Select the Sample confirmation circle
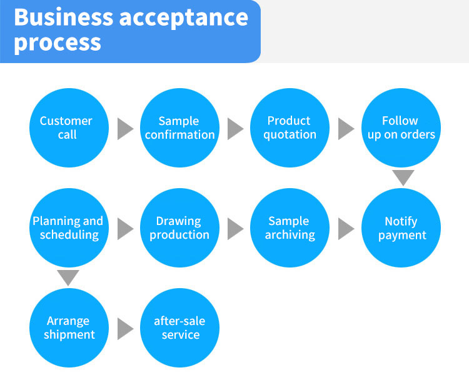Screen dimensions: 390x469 (x=179, y=127)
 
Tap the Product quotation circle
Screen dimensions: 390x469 (x=290, y=127)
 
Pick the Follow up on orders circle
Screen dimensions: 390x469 (x=401, y=127)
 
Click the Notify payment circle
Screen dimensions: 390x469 (x=401, y=228)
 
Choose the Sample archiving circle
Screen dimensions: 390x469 (x=290, y=228)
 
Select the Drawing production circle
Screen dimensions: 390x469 (x=179, y=228)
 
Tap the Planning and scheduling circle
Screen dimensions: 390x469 (x=68, y=228)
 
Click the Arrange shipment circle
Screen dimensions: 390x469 (x=68, y=328)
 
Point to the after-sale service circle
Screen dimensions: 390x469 (x=179, y=328)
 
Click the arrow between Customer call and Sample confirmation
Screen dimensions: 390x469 (x=124, y=129)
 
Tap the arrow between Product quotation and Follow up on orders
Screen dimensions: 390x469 (x=345, y=129)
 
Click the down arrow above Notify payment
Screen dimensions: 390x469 (x=403, y=177)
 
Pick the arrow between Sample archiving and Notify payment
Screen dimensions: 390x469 (x=345, y=229)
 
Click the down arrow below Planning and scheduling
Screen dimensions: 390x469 (x=68, y=277)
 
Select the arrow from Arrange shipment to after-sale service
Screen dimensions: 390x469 (x=124, y=329)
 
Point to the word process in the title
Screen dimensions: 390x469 (x=57, y=42)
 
